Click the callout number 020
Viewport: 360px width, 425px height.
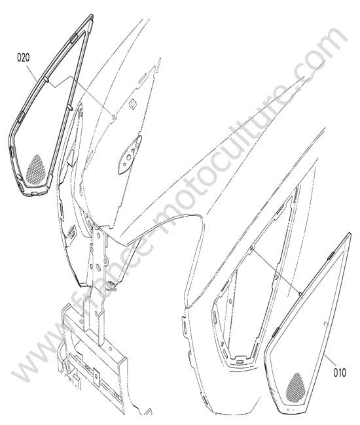point(24,58)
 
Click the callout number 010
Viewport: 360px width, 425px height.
point(340,373)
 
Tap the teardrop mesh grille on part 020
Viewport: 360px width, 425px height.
point(35,170)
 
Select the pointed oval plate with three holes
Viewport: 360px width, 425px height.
point(130,155)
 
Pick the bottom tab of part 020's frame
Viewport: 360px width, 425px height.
point(35,194)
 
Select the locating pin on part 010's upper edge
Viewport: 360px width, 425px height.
point(300,294)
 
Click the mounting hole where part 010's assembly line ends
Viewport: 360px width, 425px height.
point(252,247)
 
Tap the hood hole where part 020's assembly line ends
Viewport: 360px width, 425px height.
point(114,117)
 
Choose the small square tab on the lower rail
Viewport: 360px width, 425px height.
point(96,375)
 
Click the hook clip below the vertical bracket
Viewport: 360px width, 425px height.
point(111,286)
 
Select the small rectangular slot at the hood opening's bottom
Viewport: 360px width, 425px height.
point(240,362)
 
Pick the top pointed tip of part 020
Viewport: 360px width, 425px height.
point(92,15)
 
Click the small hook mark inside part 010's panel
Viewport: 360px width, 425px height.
point(326,324)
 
